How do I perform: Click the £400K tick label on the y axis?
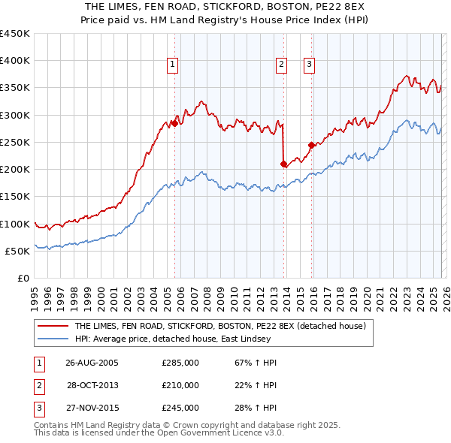click(x=15, y=61)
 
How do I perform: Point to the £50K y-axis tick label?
click(x=17, y=251)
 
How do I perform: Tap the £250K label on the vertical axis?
click(x=15, y=142)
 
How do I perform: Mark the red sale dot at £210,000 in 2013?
click(x=283, y=164)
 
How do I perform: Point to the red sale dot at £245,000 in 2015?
click(x=311, y=145)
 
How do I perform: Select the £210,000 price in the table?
click(x=180, y=385)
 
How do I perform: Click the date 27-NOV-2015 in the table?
click(x=92, y=408)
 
